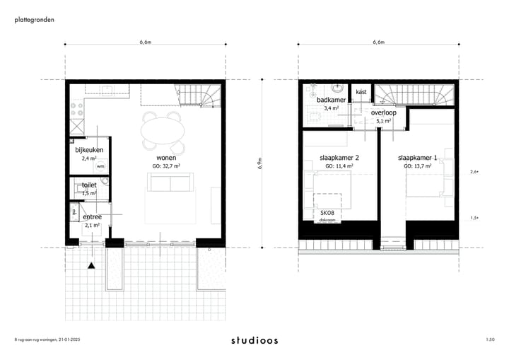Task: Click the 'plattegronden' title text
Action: point(33,20)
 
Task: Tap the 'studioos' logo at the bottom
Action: point(255,340)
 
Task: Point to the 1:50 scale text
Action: point(490,340)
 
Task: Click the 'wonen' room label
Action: point(166,158)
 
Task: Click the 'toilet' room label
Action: point(89,185)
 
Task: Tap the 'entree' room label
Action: point(93,217)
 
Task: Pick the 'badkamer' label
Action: point(331,100)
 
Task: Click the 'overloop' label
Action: point(384,112)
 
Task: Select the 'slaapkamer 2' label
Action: point(339,158)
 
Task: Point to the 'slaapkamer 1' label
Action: point(418,158)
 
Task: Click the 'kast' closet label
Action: point(361,92)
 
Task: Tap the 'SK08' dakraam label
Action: point(327,213)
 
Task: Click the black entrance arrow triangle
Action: point(91,266)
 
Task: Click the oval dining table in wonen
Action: point(161,130)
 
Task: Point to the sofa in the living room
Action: point(170,183)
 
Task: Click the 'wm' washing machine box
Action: point(100,167)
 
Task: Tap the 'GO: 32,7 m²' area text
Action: point(166,166)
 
